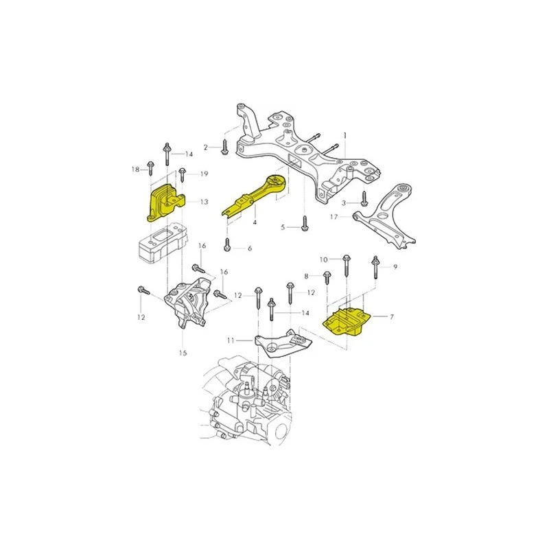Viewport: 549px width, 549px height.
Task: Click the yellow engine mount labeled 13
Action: [165, 203]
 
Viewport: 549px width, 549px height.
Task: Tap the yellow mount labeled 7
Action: [347, 321]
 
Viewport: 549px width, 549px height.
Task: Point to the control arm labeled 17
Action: [385, 217]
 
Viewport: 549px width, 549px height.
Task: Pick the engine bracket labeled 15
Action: [187, 303]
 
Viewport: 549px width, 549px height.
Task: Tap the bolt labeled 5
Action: [305, 223]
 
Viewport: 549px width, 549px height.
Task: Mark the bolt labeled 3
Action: [364, 198]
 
